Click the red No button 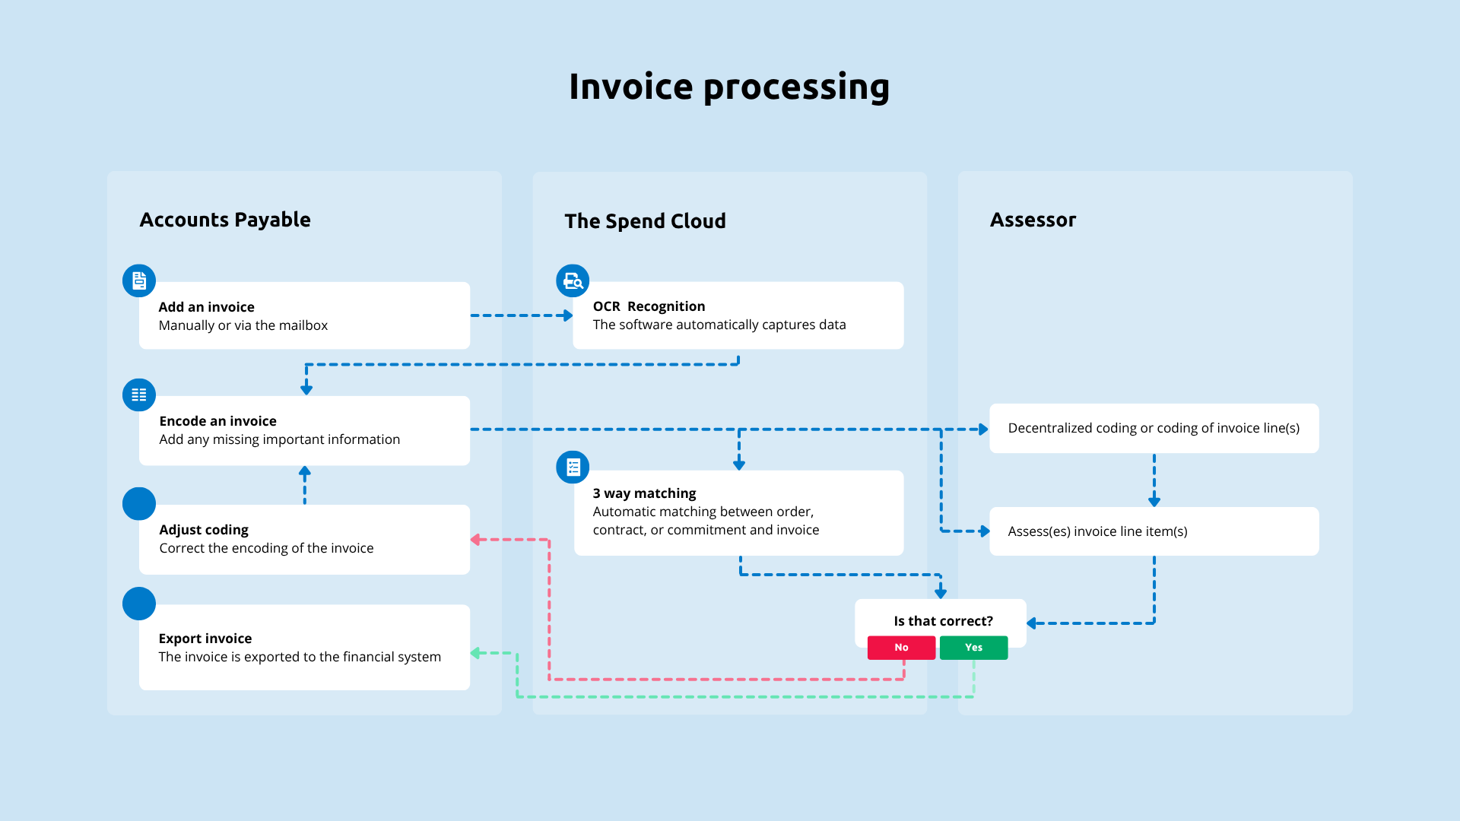[x=901, y=648]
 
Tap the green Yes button [x=973, y=648]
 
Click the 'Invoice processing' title [x=729, y=87]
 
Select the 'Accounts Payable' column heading [x=225, y=220]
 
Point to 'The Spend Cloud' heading [x=645, y=221]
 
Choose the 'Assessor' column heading [x=1033, y=220]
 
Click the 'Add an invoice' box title [x=206, y=307]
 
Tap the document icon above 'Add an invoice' [x=139, y=281]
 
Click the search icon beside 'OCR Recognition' [x=573, y=281]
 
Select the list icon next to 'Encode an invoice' [x=139, y=395]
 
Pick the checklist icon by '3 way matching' [x=573, y=467]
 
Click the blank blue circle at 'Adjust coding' [x=139, y=504]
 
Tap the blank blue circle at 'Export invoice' [x=139, y=604]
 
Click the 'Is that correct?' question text [x=943, y=621]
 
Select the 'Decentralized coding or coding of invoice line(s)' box [x=1154, y=428]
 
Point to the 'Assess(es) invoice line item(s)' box [x=1154, y=531]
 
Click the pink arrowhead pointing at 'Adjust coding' [x=475, y=540]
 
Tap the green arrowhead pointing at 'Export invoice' [x=475, y=653]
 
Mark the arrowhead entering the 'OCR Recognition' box [x=568, y=315]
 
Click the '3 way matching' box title [x=644, y=493]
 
